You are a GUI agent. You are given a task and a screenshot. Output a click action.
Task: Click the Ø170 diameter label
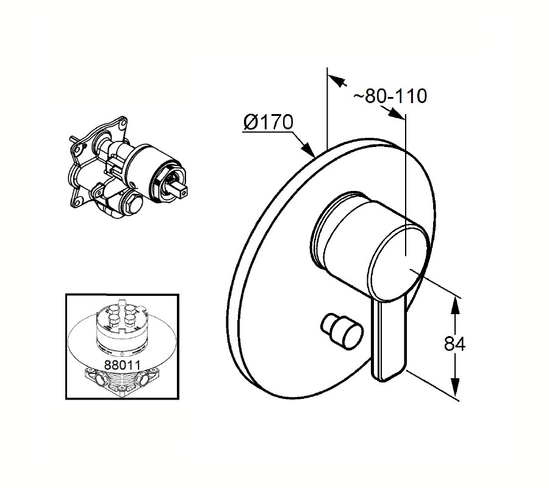268,123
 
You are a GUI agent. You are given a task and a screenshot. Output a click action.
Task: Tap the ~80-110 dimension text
390,96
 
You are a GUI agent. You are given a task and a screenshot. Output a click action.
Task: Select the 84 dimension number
455,344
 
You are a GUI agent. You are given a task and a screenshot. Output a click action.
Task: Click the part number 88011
122,365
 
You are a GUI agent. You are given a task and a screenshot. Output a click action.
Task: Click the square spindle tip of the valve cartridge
181,190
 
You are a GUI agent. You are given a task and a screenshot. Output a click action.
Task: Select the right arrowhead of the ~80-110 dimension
395,113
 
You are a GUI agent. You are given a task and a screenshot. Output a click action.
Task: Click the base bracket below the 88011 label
122,382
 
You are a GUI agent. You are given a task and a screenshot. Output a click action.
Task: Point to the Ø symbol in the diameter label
251,123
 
